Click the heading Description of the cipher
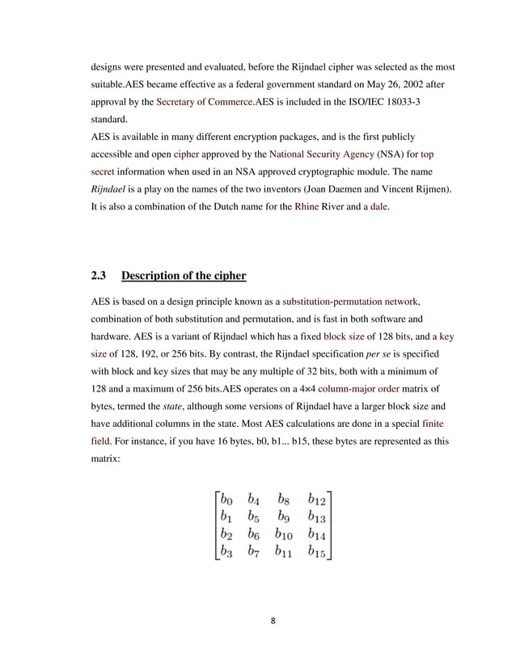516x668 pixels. point(183,276)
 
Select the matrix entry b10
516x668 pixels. point(283,535)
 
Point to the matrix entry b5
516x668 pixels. point(254,516)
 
